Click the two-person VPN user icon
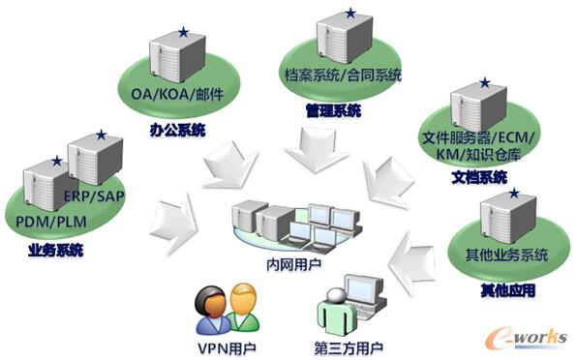tap(226, 308)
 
